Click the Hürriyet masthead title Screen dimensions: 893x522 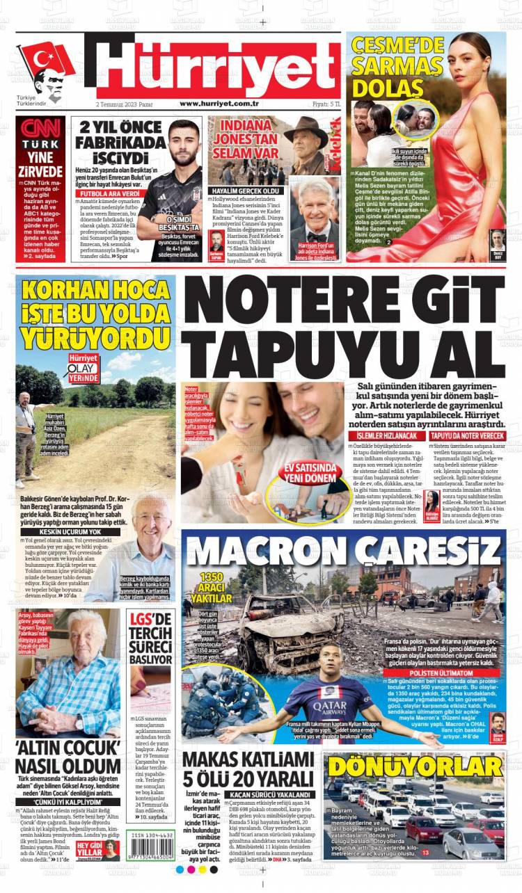216,65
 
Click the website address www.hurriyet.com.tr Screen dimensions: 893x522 219,104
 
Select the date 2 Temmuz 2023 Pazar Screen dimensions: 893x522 125,104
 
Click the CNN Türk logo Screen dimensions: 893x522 40,132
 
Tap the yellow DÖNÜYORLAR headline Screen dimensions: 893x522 416,766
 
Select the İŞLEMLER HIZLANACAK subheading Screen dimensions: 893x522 383,435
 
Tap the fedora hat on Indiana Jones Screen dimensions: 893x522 306,127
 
